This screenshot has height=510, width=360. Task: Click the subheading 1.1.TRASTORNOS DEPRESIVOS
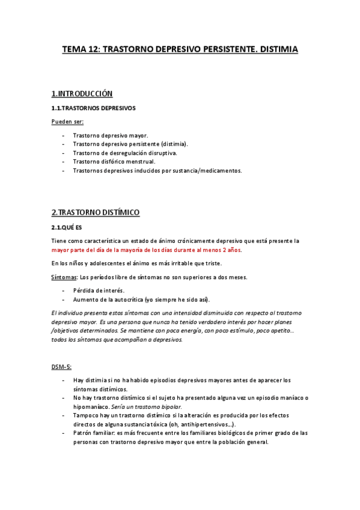tap(93, 108)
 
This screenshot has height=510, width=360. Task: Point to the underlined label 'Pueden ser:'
tap(67, 121)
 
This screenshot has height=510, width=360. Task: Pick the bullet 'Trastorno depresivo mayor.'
tap(111, 135)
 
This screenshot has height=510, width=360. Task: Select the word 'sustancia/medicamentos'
tap(207, 171)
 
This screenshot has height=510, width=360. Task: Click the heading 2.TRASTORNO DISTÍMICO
tap(96, 212)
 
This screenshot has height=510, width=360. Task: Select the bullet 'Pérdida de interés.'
tap(99, 290)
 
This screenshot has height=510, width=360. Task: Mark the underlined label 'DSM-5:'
tap(62, 366)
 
